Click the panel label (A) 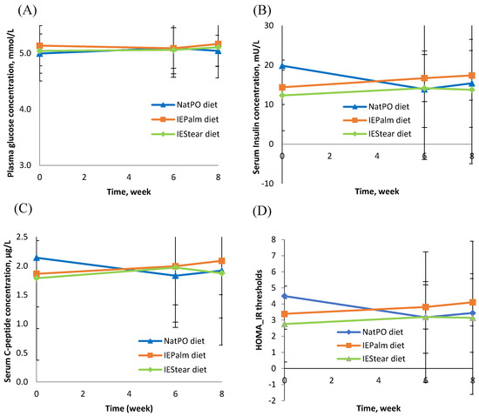(x=27, y=10)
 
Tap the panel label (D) (x=262, y=211)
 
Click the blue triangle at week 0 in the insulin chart (x=282, y=65)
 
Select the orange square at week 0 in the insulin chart (x=282, y=88)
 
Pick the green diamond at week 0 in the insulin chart (x=282, y=96)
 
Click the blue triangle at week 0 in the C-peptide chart (x=37, y=258)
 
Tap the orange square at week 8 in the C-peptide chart (x=222, y=260)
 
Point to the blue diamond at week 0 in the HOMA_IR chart (x=285, y=296)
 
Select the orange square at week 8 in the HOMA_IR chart (x=473, y=302)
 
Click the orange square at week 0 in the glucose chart (x=40, y=46)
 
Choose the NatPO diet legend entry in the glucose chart (x=185, y=105)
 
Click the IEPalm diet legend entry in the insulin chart (x=376, y=120)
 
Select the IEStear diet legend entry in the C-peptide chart (x=172, y=370)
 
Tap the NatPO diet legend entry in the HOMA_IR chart (x=370, y=332)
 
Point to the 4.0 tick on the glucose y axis (x=25, y=110)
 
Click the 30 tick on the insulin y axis (x=269, y=25)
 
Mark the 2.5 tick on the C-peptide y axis (x=22, y=237)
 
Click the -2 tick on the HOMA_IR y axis (x=271, y=400)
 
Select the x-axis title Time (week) (x=129, y=408)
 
